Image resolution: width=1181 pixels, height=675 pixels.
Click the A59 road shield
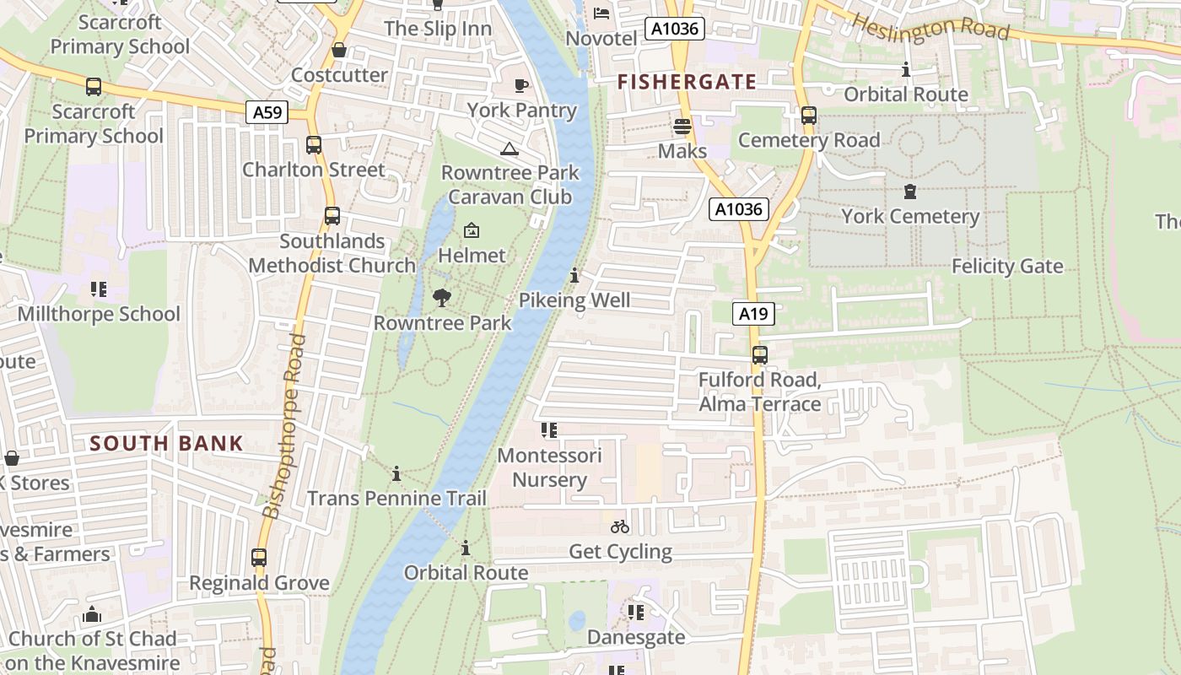(x=267, y=112)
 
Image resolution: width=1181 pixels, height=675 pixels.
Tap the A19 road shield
(x=752, y=315)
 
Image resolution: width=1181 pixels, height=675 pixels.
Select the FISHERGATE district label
(x=687, y=82)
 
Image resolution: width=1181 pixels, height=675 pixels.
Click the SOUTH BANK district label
(x=166, y=443)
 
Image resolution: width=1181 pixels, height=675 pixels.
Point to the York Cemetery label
(x=910, y=216)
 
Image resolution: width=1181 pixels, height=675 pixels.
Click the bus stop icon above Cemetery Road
(x=808, y=116)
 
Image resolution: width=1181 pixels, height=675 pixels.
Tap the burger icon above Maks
(x=682, y=127)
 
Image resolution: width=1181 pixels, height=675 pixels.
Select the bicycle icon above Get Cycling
(x=620, y=526)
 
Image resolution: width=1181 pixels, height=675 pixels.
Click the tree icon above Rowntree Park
(x=442, y=297)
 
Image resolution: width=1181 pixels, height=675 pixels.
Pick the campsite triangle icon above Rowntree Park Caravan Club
(x=509, y=149)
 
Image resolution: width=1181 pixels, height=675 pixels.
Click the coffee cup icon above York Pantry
(x=521, y=85)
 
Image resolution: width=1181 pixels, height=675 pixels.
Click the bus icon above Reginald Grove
(x=259, y=558)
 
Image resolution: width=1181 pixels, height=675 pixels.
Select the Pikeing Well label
(x=574, y=300)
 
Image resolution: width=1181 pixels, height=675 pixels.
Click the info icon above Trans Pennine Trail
(x=396, y=473)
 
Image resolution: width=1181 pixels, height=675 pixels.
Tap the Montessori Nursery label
(x=549, y=467)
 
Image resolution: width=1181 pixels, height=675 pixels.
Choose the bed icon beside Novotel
(x=601, y=13)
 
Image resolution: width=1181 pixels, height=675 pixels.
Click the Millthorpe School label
(x=99, y=314)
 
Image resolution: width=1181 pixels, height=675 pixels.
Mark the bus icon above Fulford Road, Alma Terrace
(x=759, y=355)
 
